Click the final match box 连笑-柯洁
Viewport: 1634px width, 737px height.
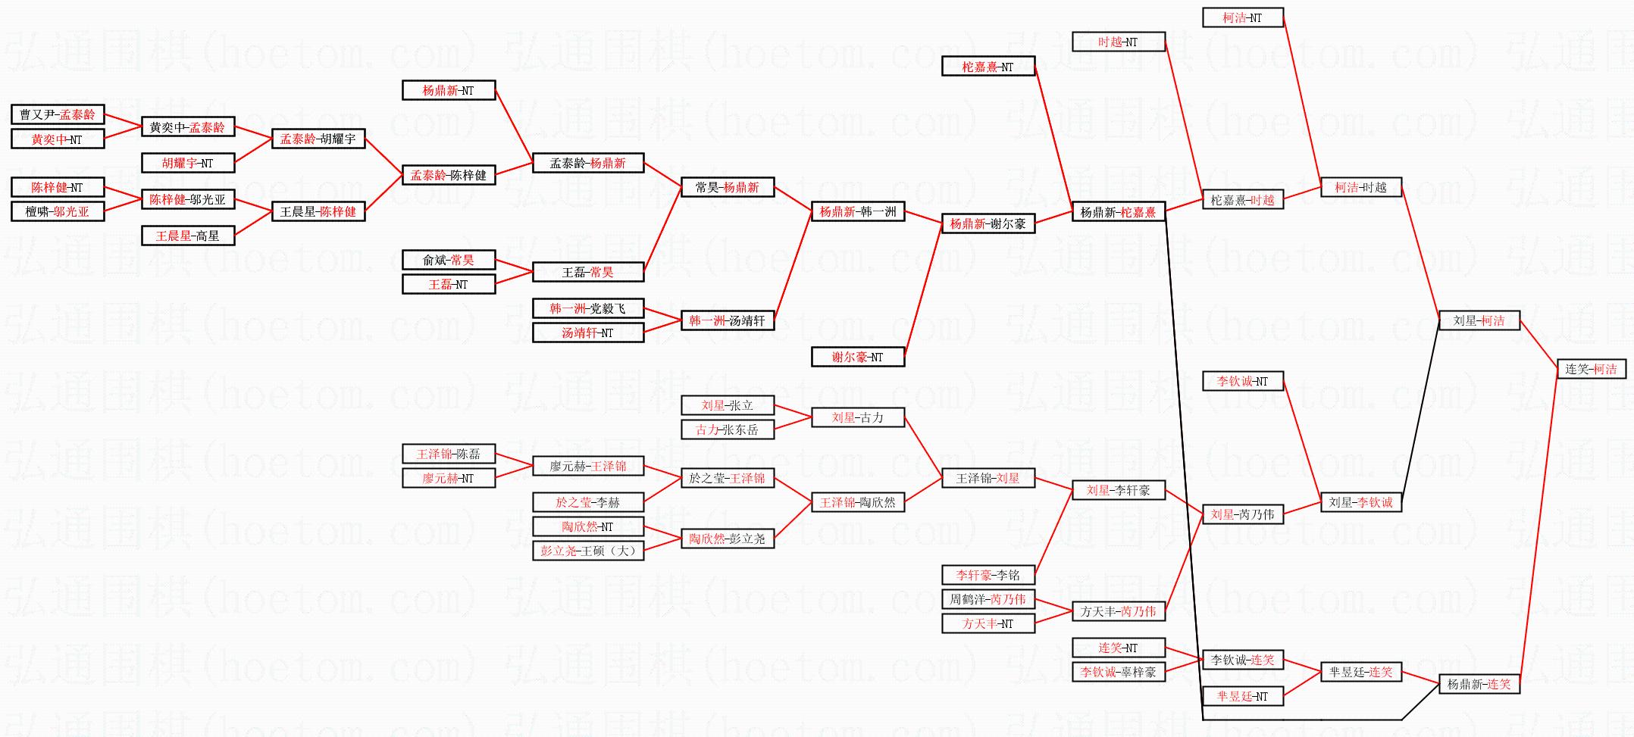pos(1591,369)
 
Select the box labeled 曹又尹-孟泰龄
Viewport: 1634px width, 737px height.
pos(58,114)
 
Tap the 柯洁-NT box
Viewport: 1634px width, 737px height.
pos(1242,17)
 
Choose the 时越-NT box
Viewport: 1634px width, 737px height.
pos(1118,42)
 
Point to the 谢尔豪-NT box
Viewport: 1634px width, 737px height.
pos(857,357)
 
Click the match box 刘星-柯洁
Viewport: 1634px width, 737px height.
pos(1479,320)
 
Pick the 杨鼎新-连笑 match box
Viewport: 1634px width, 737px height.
pos(1479,684)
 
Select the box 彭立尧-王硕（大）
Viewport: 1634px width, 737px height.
pos(588,551)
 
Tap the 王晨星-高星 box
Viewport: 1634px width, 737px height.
pos(187,236)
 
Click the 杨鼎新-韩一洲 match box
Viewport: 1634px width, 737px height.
pos(857,211)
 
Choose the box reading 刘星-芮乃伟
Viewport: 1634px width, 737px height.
pos(1242,514)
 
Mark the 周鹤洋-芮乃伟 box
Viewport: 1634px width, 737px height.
pos(988,599)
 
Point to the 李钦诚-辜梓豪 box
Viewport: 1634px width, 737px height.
pos(1118,672)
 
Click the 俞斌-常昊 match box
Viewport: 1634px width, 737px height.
pos(448,260)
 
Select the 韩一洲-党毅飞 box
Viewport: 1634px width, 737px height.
pos(588,308)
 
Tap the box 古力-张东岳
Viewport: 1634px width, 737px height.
pos(727,429)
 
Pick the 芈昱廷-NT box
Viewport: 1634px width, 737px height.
pos(1242,696)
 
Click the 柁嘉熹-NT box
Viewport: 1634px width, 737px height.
pos(988,67)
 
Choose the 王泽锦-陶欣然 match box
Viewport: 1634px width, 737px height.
pos(857,502)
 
